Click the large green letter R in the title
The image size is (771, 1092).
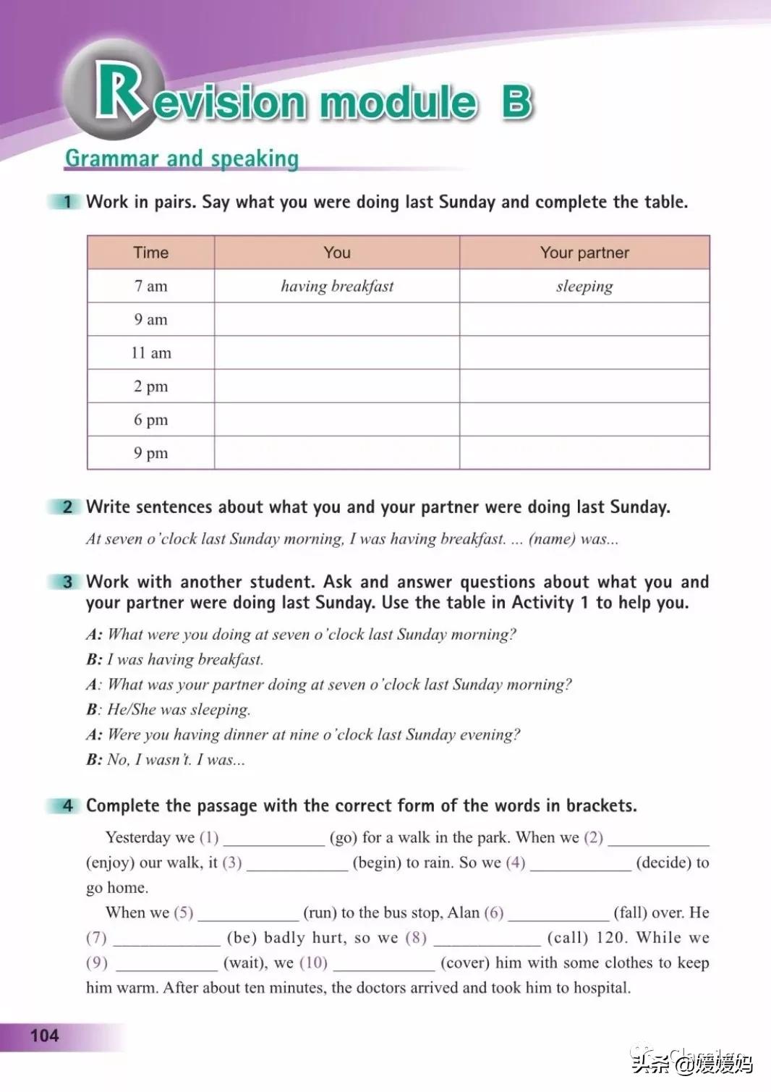point(117,90)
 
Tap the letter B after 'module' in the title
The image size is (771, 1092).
point(516,102)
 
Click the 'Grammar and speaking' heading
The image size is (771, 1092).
point(182,158)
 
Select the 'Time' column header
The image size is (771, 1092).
point(150,253)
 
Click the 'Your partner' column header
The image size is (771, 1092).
point(584,253)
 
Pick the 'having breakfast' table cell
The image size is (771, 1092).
point(337,286)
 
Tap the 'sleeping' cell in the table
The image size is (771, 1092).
point(584,286)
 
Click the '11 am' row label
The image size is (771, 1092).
point(150,353)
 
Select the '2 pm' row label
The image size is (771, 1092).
point(150,386)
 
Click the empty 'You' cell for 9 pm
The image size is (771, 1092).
point(337,453)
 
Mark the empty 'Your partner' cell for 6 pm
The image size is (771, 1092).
point(584,420)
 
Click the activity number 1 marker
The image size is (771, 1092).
point(67,202)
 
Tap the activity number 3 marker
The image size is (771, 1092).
point(67,582)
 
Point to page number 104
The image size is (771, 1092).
point(44,1036)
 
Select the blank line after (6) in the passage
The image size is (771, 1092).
point(558,915)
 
